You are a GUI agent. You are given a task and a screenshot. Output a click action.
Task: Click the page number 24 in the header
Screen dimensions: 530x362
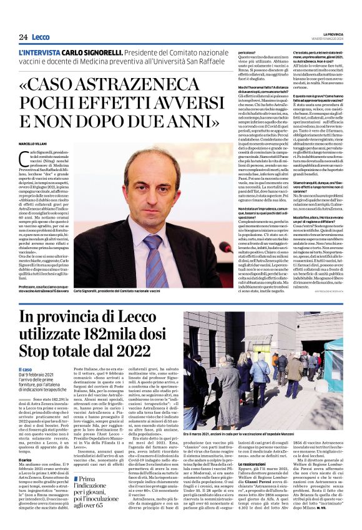point(22,37)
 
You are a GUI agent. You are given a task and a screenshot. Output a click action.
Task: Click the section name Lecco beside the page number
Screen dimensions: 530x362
point(41,37)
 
